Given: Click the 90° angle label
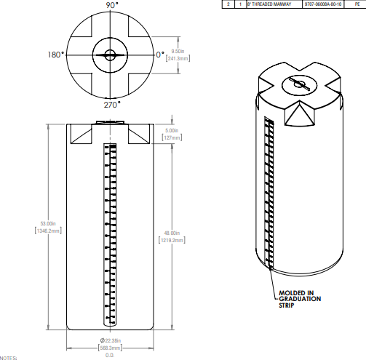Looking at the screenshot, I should pos(111,5).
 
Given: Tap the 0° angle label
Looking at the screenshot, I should pos(160,55).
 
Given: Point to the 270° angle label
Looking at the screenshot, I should pos(111,104).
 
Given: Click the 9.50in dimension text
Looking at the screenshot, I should pos(178,51).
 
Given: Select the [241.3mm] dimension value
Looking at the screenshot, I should pos(178,58).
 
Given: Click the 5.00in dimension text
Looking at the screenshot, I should pos(172,131).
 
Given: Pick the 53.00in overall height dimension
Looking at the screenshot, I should pos(49,223).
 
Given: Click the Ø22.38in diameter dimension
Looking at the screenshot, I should pos(111,341).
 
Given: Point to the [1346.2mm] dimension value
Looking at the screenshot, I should pos(49,229).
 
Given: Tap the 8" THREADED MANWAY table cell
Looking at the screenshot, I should pos(268,4).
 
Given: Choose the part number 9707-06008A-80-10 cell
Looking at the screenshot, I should pos(322,4).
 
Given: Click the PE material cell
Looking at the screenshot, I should pos(357,4).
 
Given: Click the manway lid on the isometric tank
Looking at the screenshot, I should pos(298,84).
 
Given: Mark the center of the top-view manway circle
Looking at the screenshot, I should pos(110,55).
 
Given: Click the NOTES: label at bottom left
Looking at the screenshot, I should pos(8,358).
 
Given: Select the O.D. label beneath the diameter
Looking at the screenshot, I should pos(111,355).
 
